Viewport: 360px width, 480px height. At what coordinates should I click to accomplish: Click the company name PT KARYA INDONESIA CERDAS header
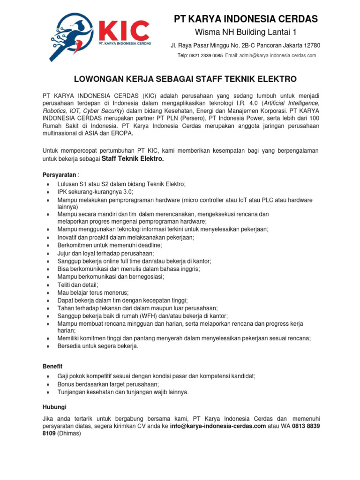click(x=246, y=19)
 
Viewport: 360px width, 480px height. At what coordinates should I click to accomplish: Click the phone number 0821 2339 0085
click(x=206, y=55)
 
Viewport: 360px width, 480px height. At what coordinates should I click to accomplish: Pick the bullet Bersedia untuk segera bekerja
click(x=97, y=346)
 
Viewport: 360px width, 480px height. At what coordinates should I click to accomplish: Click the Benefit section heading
click(x=52, y=366)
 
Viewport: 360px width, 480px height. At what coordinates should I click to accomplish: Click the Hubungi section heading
click(x=54, y=407)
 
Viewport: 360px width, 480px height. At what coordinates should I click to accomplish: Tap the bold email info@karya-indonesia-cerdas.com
click(x=215, y=426)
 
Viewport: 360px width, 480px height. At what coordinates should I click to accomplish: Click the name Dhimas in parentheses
click(x=69, y=434)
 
